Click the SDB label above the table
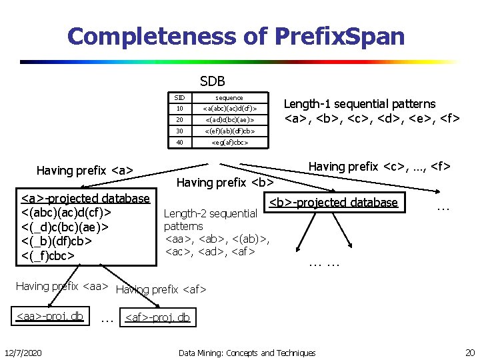click(x=213, y=81)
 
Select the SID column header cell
click(x=179, y=97)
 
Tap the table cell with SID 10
click(x=179, y=109)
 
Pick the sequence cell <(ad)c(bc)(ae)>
click(x=229, y=120)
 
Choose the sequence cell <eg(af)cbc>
click(x=229, y=142)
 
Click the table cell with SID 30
click(x=179, y=131)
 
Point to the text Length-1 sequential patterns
click(x=359, y=104)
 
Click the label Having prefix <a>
click(x=85, y=171)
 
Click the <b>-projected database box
click(x=333, y=203)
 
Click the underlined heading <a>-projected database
click(x=85, y=198)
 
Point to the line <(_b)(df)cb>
click(x=59, y=240)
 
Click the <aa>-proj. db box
click(x=50, y=315)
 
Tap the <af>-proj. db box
click(x=157, y=317)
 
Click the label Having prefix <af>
click(x=161, y=289)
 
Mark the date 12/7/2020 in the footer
click(x=23, y=352)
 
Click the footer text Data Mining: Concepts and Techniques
click(x=247, y=352)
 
